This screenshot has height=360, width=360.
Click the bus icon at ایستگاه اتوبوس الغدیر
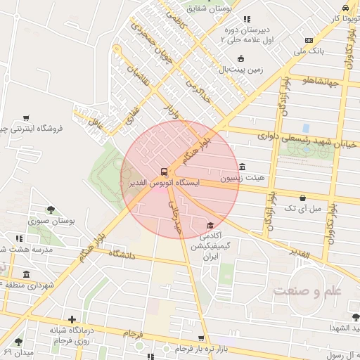164,171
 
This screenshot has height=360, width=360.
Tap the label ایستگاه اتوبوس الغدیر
164,183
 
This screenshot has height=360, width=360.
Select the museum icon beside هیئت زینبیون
243,167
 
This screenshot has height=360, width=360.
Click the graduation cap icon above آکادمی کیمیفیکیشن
209,224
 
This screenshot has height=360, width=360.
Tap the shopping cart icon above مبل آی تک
302,198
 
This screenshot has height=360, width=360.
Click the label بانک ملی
309,51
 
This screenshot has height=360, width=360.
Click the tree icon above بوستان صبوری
51,209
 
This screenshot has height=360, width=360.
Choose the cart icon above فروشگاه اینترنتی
26,117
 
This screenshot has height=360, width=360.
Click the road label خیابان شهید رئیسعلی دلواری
295,139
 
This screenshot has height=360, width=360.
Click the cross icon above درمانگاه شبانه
72,319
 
